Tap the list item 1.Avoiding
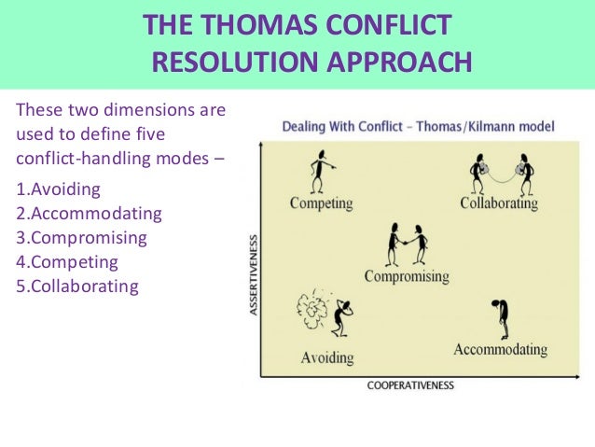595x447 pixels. [58, 190]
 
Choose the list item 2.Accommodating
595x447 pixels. [90, 214]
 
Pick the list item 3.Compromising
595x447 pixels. [82, 238]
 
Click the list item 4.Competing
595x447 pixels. [67, 262]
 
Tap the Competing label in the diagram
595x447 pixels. [321, 203]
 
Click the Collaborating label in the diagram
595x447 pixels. [499, 203]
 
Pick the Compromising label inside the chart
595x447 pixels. [407, 276]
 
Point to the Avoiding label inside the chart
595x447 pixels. [327, 357]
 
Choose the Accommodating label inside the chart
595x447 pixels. [500, 350]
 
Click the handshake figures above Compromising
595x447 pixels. [408, 244]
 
